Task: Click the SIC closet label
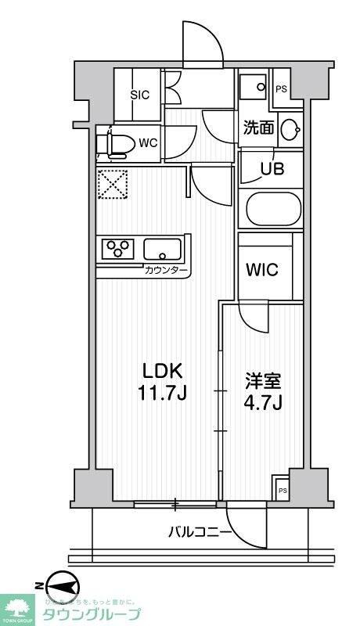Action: pos(140,95)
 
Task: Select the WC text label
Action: pos(149,143)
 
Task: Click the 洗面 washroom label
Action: pos(258,128)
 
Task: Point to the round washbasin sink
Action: pos(290,129)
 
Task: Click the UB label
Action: pos(261,167)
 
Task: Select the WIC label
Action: pos(262,269)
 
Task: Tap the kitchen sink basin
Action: pos(163,250)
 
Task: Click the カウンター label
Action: pos(166,271)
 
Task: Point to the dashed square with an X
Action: pos(112,186)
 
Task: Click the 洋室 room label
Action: pos(261,383)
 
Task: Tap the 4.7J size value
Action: pos(261,405)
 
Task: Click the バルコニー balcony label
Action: pos(200,533)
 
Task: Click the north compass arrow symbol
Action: pos(59,585)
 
